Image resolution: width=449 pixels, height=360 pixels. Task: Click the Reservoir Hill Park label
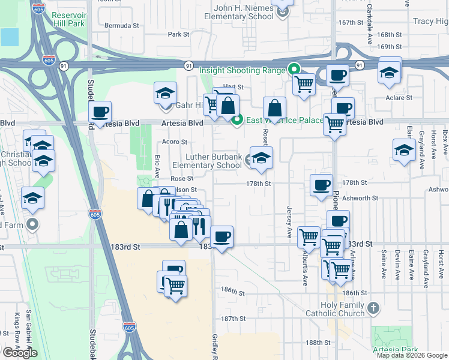click(77, 19)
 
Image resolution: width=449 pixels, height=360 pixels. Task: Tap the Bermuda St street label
click(122, 26)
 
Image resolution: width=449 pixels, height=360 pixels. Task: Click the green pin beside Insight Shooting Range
click(294, 69)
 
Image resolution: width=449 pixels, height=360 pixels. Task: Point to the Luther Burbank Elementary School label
click(207, 161)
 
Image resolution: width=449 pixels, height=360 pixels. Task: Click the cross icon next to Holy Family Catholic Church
click(373, 308)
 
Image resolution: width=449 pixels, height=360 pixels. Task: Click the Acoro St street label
click(175, 142)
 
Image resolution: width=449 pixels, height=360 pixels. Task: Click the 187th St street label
click(234, 319)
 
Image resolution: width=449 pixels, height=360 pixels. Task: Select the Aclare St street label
click(399, 97)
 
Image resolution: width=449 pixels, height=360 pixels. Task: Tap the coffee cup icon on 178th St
click(322, 184)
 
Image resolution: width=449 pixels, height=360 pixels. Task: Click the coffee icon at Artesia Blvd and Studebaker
click(100, 111)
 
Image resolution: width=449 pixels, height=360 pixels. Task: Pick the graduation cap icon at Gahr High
click(165, 93)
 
